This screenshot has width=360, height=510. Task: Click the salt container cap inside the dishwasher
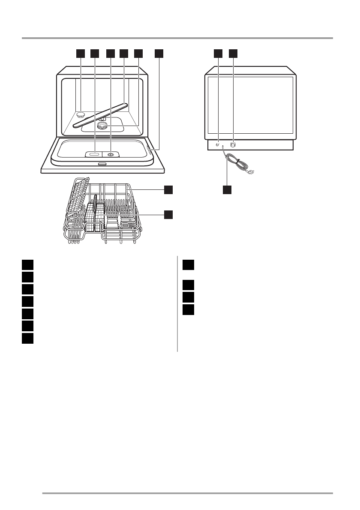click(x=80, y=114)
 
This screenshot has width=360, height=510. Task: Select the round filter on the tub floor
click(x=102, y=125)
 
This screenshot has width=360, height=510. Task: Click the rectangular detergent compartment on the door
click(x=95, y=154)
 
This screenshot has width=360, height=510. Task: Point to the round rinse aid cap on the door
click(x=111, y=154)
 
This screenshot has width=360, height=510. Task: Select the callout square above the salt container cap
click(x=80, y=53)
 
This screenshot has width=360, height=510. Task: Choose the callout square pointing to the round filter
click(x=138, y=53)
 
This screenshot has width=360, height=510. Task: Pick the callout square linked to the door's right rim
click(x=159, y=53)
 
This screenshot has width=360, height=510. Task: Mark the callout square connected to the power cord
click(x=227, y=189)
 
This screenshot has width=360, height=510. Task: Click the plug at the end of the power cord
click(x=252, y=172)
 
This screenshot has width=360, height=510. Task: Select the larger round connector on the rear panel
click(x=233, y=145)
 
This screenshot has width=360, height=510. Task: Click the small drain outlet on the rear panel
click(x=218, y=145)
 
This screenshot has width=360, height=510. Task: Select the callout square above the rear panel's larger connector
click(x=233, y=53)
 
